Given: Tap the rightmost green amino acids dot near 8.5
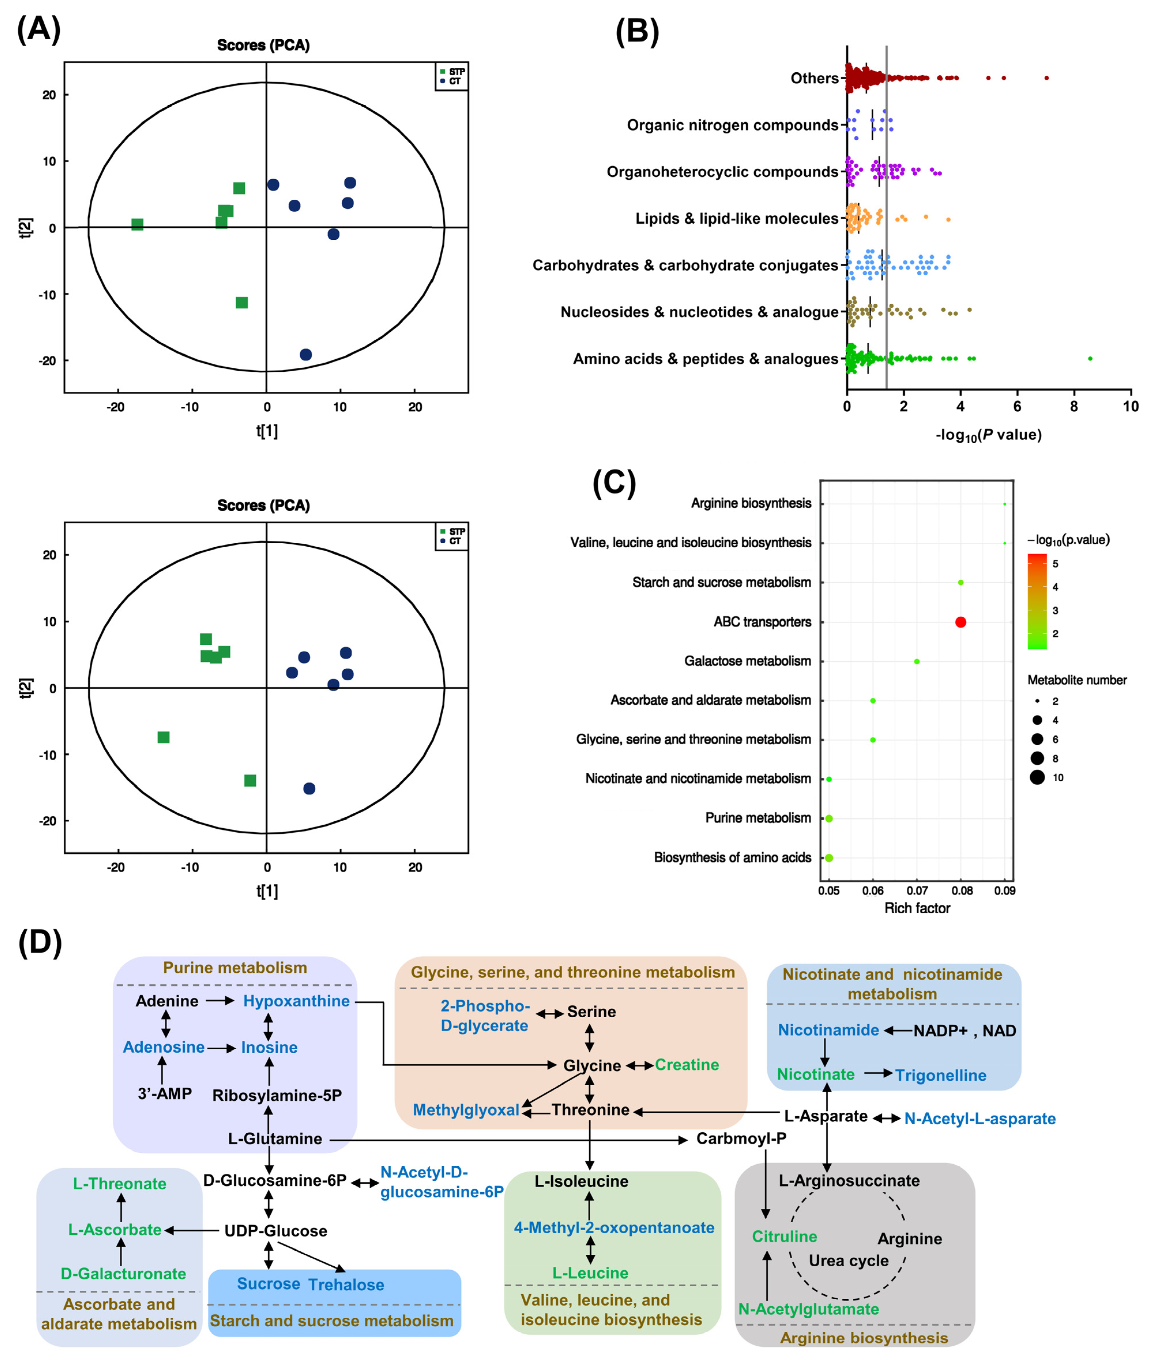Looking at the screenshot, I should [1090, 359].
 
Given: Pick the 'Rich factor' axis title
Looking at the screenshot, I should [916, 908].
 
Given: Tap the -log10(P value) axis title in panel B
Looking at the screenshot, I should [988, 435].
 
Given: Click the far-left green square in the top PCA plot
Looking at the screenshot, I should [137, 224].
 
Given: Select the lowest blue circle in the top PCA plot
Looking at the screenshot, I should [306, 354].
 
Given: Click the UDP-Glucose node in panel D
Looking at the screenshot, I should [276, 1230].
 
